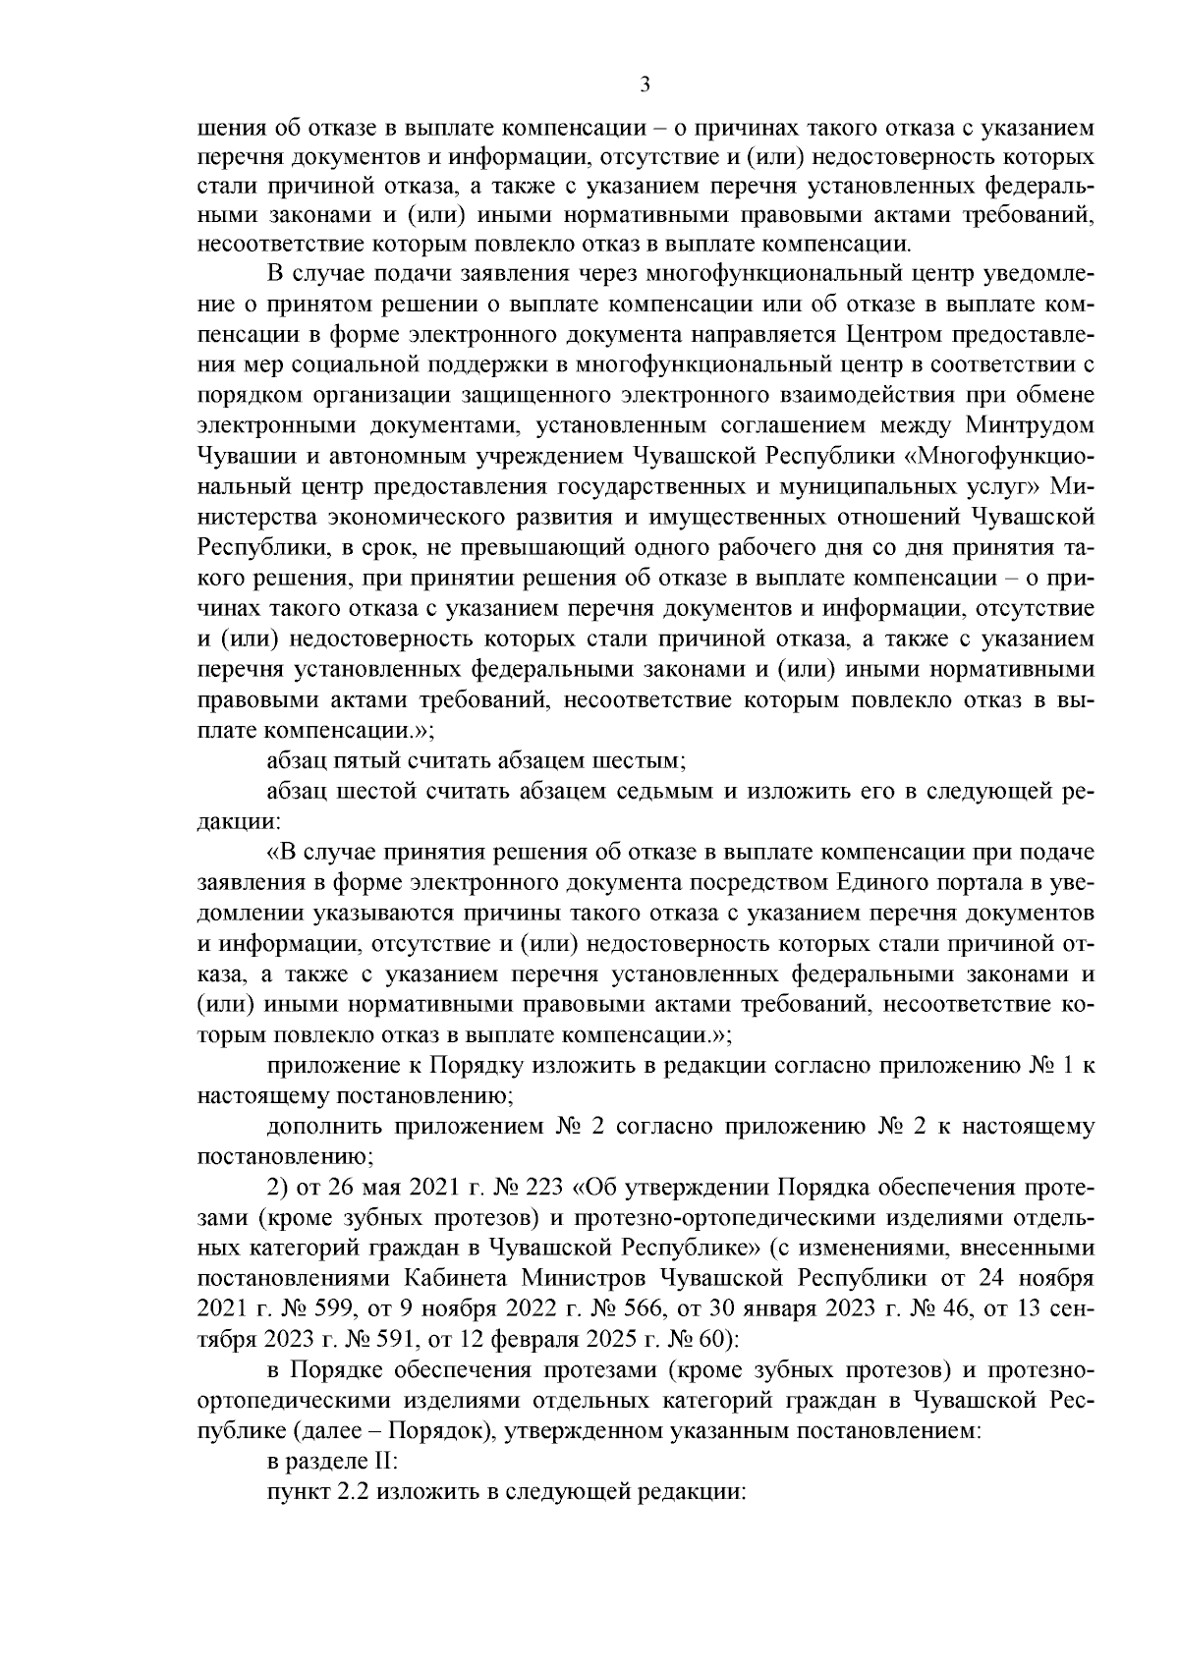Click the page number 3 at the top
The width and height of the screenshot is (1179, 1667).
pyautogui.click(x=645, y=85)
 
